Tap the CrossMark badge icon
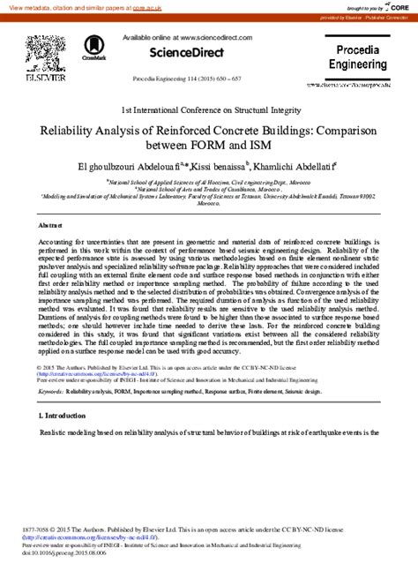[94, 49]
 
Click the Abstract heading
[51, 227]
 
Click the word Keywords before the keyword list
[50, 391]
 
